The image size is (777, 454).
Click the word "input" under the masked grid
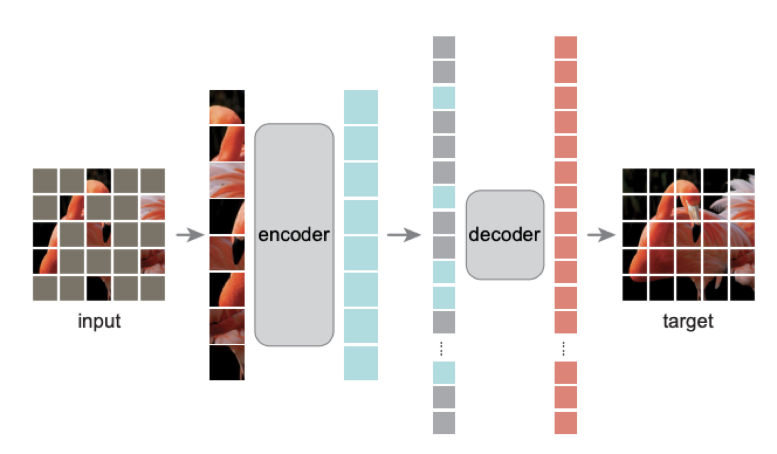tap(99, 321)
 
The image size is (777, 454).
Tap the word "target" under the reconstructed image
tap(688, 321)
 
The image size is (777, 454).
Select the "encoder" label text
tap(294, 235)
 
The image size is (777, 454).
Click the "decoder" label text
tap(505, 235)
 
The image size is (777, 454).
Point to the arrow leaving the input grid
tap(190, 235)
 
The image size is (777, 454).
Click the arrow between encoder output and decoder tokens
tap(404, 235)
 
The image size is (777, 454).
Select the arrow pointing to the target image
tap(601, 235)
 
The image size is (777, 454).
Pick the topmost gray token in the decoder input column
tap(444, 47)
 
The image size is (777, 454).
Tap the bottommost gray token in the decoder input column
tap(444, 423)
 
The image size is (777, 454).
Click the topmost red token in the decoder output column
tap(566, 47)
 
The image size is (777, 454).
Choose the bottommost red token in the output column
tap(566, 423)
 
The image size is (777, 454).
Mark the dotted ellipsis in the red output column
tap(563, 348)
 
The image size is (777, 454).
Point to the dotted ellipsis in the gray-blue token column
tap(441, 348)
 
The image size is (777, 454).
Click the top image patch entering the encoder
tap(227, 107)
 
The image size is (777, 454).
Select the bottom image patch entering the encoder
tap(227, 363)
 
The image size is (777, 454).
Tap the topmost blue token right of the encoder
tap(361, 107)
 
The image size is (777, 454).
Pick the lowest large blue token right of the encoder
tap(361, 363)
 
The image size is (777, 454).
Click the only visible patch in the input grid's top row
tap(99, 181)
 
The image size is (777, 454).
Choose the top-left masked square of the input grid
tap(45, 181)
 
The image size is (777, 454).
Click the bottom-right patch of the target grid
tap(742, 288)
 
